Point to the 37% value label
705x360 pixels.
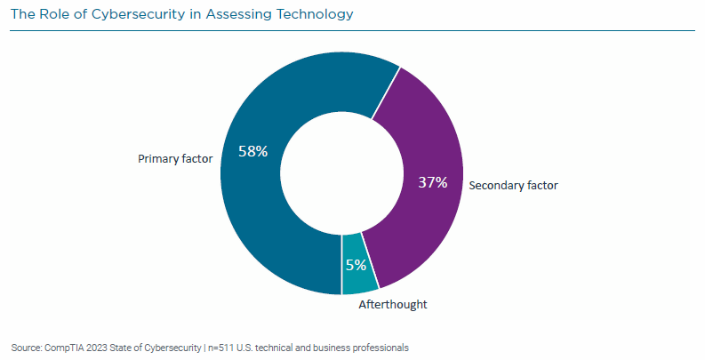point(432,182)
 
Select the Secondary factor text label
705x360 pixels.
point(512,186)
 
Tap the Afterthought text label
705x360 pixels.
point(392,304)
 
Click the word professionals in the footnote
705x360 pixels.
point(379,347)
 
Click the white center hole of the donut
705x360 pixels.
point(341,173)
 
